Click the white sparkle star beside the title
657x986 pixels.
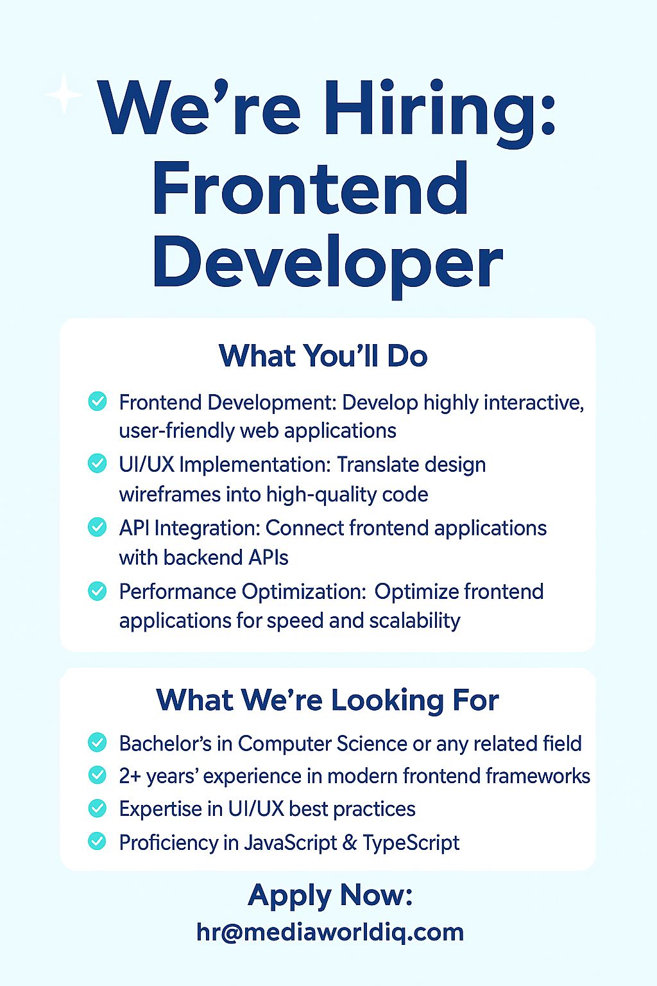(64, 94)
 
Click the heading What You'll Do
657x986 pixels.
(323, 356)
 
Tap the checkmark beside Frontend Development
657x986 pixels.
(98, 401)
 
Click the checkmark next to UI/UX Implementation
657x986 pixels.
(98, 463)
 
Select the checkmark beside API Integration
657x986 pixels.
(98, 527)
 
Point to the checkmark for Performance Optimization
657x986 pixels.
(98, 591)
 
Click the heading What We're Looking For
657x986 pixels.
(327, 700)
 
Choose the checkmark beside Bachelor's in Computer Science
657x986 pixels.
(98, 743)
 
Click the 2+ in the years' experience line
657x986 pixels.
(130, 776)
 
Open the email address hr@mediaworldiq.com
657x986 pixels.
(330, 933)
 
